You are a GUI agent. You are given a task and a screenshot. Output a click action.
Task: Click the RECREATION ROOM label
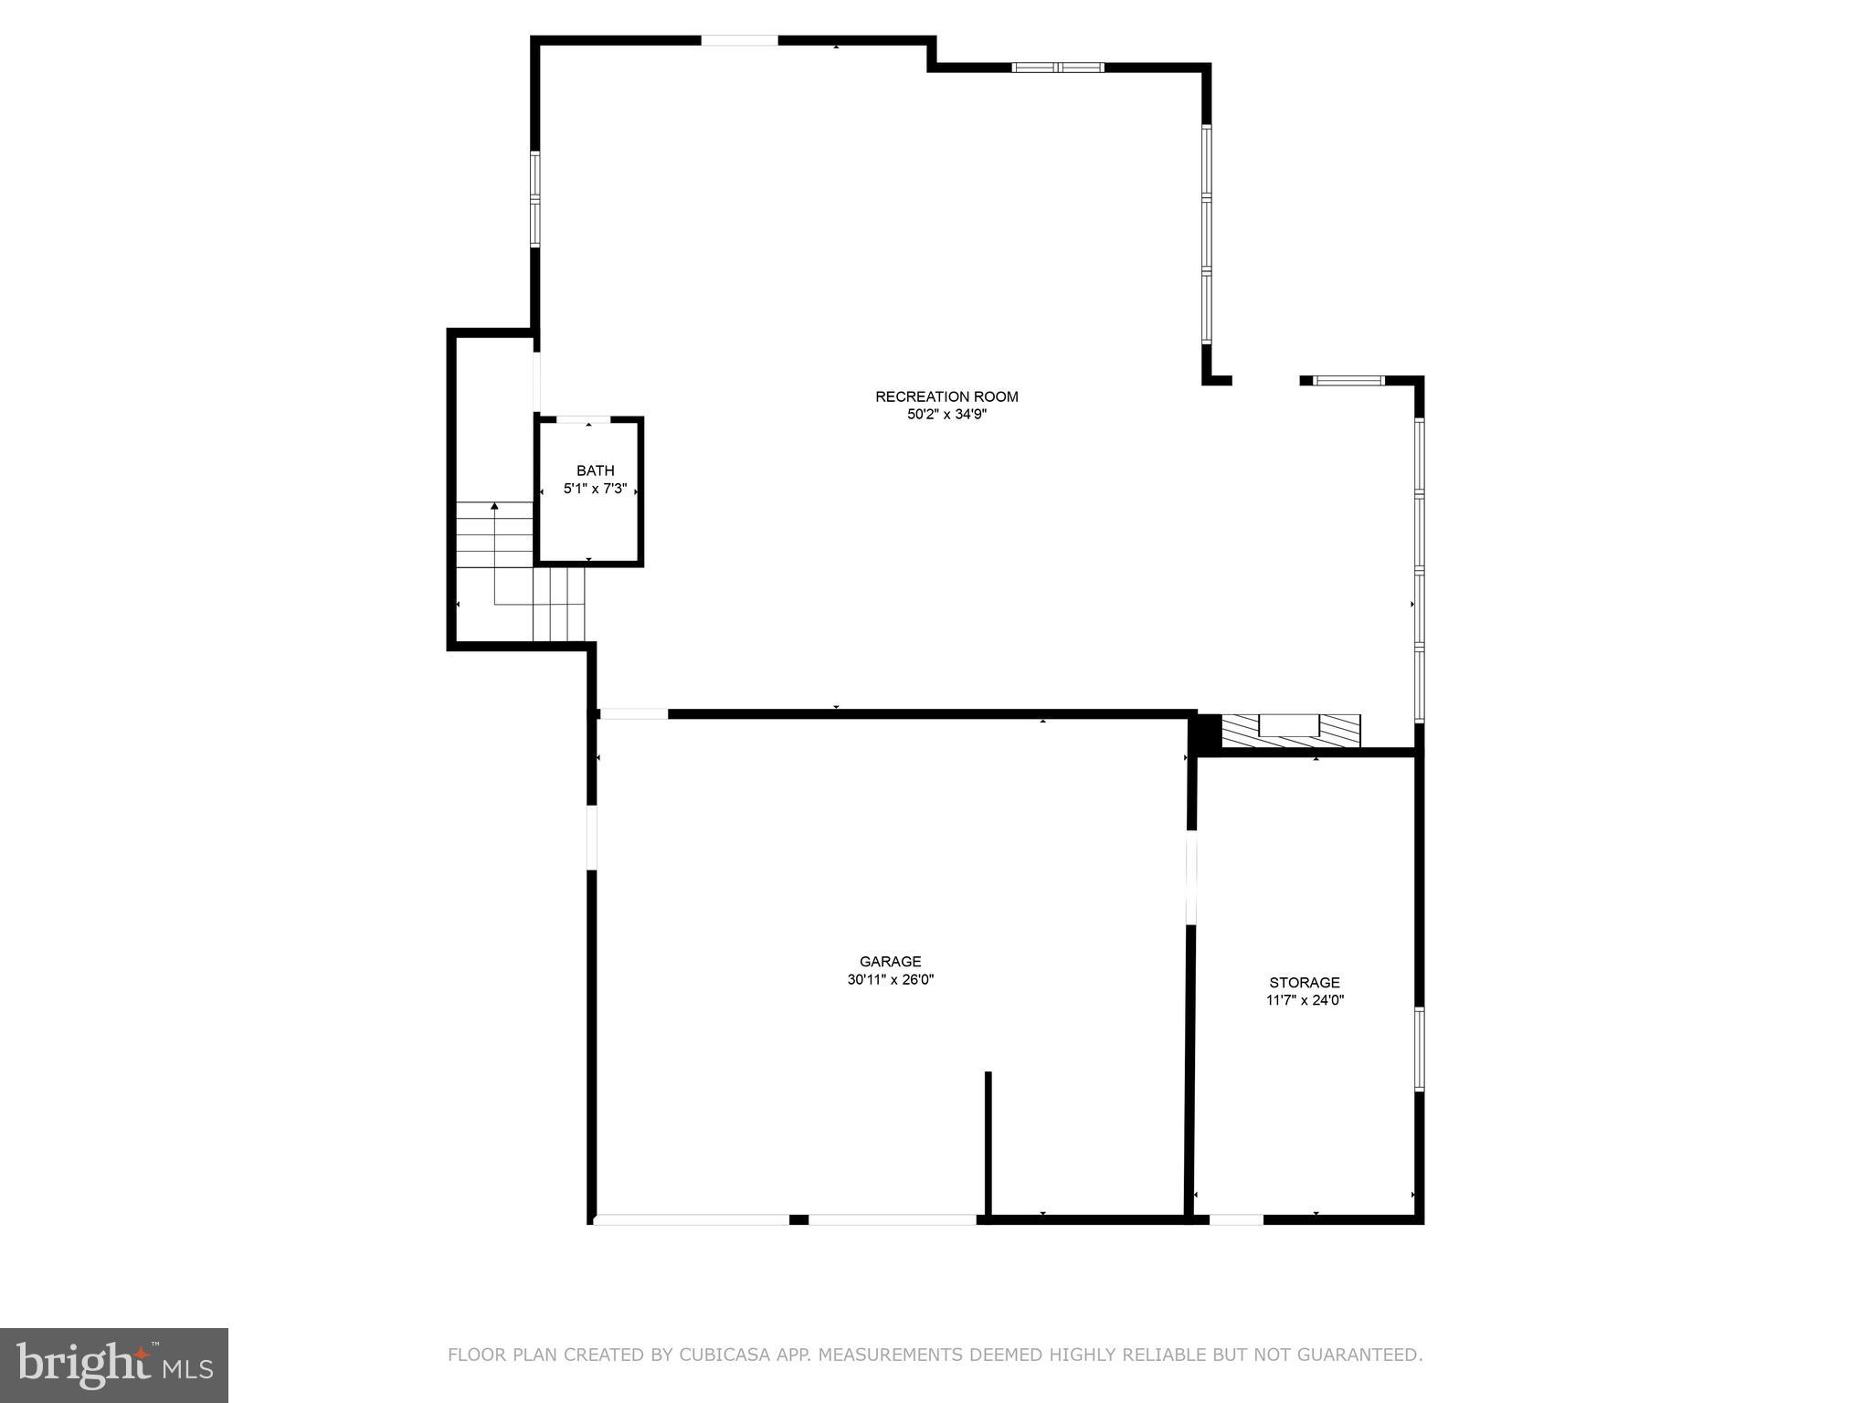(946, 396)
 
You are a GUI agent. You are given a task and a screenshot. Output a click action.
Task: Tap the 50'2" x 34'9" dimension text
(946, 415)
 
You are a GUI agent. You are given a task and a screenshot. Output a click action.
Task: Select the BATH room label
(595, 470)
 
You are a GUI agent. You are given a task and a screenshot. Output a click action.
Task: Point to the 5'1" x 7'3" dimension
(595, 489)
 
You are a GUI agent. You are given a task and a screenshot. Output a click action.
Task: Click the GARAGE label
(890, 961)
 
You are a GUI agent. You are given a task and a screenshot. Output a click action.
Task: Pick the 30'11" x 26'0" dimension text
(890, 980)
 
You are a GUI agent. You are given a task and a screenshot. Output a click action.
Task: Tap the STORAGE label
(1304, 982)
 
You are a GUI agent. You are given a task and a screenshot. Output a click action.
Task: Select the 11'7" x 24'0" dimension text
(1304, 1000)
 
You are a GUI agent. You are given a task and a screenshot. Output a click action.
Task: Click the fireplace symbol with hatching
(1290, 730)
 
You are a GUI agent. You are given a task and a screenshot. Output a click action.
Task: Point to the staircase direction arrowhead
(494, 505)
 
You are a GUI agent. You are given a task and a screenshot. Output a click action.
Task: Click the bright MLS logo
(114, 1365)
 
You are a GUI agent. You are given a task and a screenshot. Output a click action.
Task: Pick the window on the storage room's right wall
(1419, 1049)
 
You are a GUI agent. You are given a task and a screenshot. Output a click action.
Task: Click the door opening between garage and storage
(1190, 877)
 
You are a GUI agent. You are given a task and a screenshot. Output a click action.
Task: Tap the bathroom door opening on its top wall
(583, 419)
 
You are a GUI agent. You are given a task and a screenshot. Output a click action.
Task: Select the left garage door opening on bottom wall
(692, 1218)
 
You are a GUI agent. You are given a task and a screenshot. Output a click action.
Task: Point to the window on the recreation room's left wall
(535, 198)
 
